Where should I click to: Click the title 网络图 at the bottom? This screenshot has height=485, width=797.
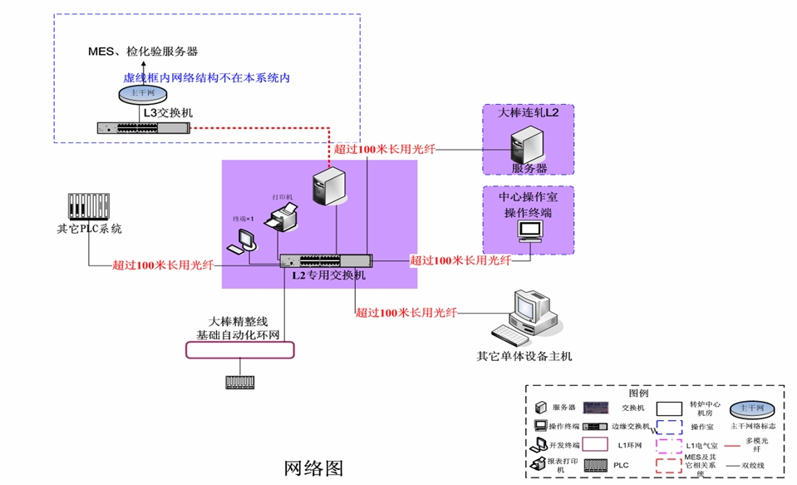pyautogui.click(x=313, y=468)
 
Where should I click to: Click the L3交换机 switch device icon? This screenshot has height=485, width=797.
pyautogui.click(x=143, y=128)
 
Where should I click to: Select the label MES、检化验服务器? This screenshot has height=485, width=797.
pyautogui.click(x=143, y=52)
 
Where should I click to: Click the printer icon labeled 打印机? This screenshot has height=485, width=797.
pyautogui.click(x=281, y=220)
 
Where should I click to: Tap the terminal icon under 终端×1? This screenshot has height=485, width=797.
pyautogui.click(x=244, y=240)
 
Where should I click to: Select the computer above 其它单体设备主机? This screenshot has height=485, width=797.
pyautogui.click(x=529, y=319)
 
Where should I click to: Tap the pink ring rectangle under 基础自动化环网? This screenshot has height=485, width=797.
pyautogui.click(x=239, y=349)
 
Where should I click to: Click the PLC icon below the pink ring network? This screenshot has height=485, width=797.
pyautogui.click(x=240, y=382)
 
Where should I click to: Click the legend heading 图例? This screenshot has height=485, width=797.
pyautogui.click(x=638, y=393)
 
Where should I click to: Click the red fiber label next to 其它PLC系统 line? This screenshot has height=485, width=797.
pyautogui.click(x=163, y=266)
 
